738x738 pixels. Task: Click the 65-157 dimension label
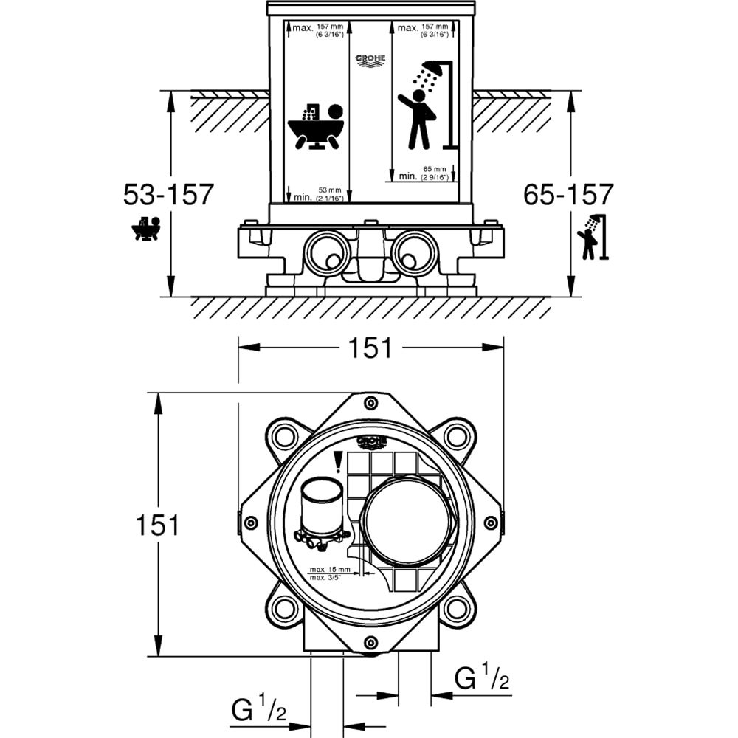[x=568, y=195]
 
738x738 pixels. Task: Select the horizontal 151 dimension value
[x=370, y=348]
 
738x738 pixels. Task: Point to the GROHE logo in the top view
[x=370, y=441]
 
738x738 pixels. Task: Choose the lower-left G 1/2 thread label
[x=258, y=712]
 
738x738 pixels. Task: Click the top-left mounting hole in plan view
[x=282, y=437]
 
